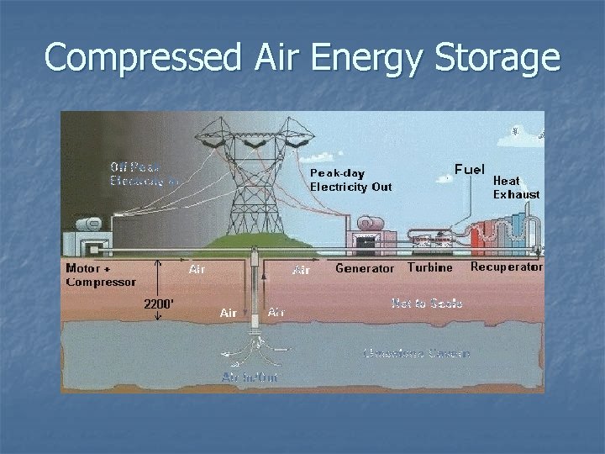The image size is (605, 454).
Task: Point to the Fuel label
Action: tap(470, 169)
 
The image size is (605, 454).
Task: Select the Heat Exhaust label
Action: tap(515, 187)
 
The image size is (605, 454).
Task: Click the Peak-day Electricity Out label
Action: tap(350, 179)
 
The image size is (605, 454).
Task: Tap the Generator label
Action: tap(364, 268)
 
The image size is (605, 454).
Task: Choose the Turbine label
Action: tap(430, 267)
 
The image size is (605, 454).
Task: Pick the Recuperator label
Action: tap(506, 267)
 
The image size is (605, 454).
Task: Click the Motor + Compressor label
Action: tap(100, 275)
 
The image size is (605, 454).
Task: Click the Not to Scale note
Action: tap(427, 302)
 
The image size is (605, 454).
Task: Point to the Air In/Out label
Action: tap(250, 377)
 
